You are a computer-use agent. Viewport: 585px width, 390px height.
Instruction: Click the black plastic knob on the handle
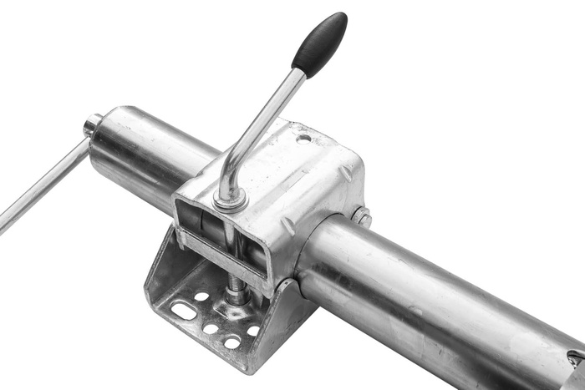[319, 44]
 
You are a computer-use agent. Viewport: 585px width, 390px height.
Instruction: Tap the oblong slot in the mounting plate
[183, 311]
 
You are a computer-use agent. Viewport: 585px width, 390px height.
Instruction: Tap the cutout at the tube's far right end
[577, 360]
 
